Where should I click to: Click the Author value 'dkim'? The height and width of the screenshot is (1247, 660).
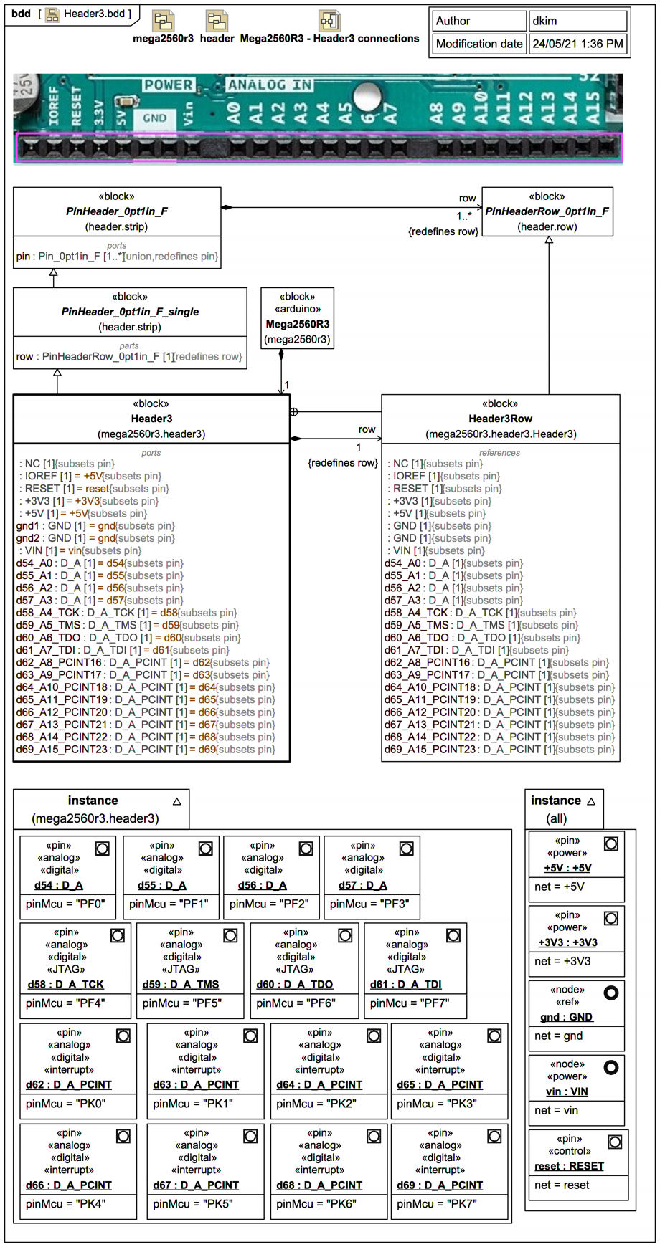click(545, 21)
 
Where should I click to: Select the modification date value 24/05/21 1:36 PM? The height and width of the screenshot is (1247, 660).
click(577, 44)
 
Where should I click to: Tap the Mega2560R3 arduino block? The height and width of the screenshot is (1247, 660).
click(297, 324)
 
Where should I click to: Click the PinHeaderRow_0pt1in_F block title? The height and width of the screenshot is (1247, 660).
click(547, 211)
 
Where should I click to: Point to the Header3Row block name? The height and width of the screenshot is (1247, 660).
click(500, 419)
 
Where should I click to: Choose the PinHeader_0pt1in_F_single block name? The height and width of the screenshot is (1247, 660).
click(130, 312)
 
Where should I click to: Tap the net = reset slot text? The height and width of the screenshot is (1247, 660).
click(562, 1185)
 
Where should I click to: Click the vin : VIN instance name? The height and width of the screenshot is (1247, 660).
click(567, 1091)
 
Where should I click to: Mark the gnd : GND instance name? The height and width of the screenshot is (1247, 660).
click(566, 1017)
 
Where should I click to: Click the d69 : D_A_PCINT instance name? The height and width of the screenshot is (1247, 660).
click(440, 1185)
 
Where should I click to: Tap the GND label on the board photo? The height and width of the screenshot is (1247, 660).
click(154, 118)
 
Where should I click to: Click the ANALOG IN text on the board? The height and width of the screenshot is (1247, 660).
click(270, 85)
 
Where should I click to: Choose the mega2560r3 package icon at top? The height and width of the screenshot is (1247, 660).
click(163, 21)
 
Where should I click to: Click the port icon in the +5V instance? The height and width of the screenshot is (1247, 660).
click(611, 844)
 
